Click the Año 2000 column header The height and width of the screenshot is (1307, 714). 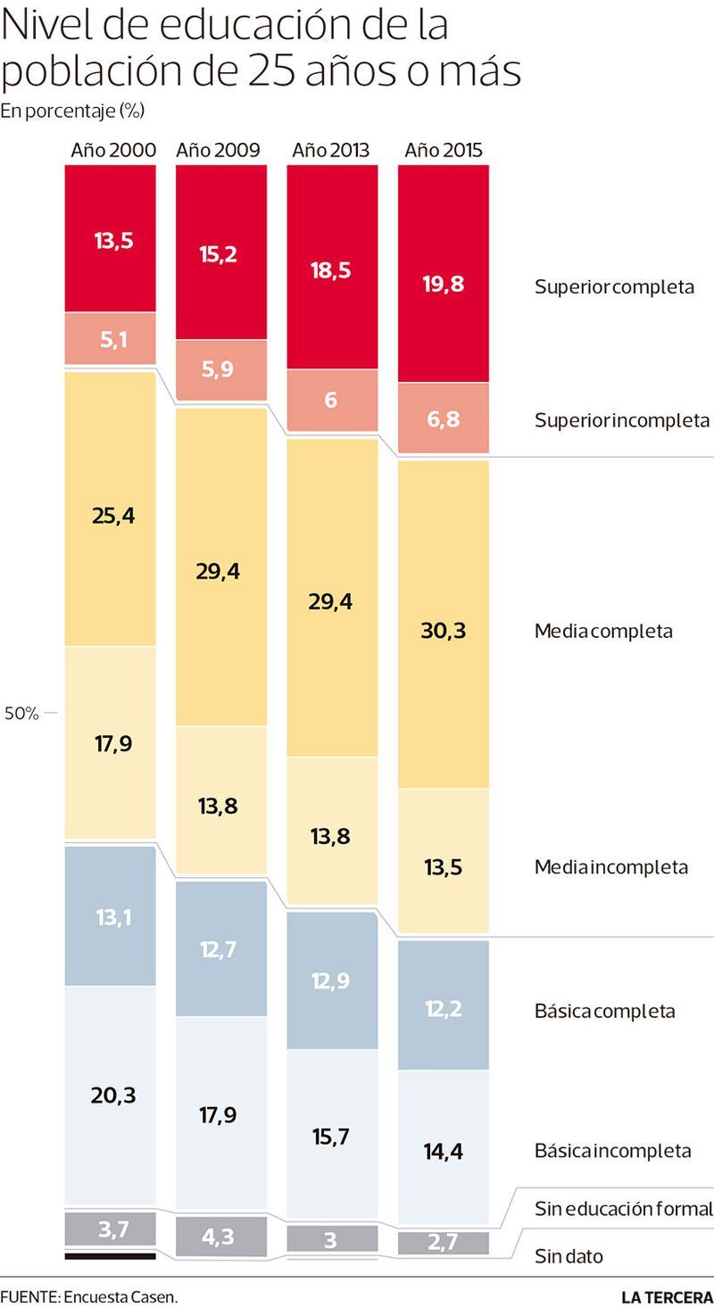tap(113, 150)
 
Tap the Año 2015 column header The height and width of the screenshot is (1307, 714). tap(444, 150)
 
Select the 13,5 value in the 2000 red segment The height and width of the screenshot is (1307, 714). tap(113, 240)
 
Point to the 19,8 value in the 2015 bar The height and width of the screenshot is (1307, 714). tap(444, 284)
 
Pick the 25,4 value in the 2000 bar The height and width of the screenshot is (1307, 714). tap(113, 515)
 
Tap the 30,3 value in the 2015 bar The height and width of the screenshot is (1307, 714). tap(444, 631)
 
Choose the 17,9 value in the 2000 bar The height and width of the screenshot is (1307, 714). tap(113, 742)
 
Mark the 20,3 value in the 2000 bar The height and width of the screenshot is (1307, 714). tap(113, 1095)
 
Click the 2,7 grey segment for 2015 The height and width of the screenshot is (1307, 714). tap(444, 1243)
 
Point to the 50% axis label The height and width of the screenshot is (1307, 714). tap(21, 714)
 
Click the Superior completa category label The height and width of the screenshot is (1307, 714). tap(614, 287)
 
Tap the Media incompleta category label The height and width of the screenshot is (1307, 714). tap(611, 867)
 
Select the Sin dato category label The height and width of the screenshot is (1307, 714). tap(569, 1257)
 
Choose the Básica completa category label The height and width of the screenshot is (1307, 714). tap(604, 1012)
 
